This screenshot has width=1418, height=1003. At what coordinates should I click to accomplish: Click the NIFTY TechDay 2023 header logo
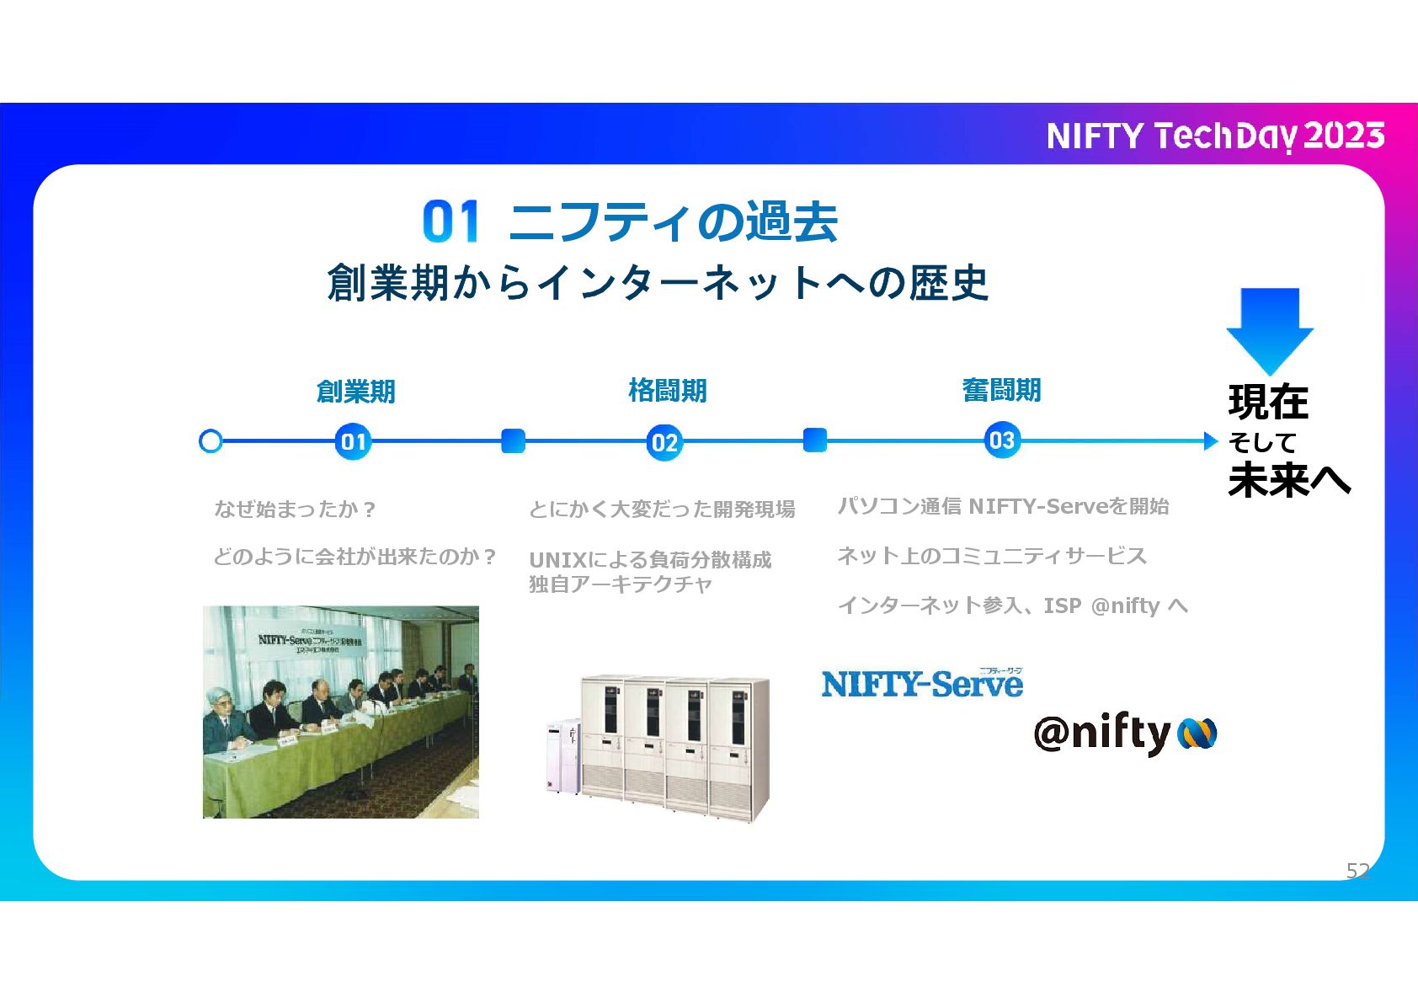click(1215, 136)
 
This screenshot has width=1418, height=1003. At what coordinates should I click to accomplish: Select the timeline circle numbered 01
click(353, 441)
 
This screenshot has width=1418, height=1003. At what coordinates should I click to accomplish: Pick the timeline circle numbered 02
click(664, 442)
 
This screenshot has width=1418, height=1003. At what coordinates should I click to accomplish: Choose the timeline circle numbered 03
click(1001, 440)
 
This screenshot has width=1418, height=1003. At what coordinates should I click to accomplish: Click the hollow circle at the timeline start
click(211, 441)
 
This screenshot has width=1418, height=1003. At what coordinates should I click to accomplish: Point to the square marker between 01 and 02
click(513, 440)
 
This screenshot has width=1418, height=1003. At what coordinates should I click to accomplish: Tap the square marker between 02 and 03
click(814, 440)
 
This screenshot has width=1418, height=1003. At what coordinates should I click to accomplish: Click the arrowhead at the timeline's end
click(1211, 440)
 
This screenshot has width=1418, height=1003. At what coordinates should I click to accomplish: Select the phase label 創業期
click(355, 392)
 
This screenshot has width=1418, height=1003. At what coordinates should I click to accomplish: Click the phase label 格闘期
click(667, 391)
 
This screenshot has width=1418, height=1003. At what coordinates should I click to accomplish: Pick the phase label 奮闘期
click(1001, 390)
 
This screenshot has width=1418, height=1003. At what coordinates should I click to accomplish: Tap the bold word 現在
click(1268, 402)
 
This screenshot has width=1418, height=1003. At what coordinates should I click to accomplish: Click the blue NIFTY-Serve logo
click(922, 683)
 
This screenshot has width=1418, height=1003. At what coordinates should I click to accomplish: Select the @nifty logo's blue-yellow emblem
click(1197, 734)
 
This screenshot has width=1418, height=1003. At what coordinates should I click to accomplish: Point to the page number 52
click(1357, 870)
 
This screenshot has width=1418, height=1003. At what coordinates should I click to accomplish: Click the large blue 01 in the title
click(451, 222)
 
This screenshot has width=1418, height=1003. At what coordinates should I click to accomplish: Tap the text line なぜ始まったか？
click(295, 509)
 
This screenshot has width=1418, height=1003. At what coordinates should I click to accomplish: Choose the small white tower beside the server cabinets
click(562, 756)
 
